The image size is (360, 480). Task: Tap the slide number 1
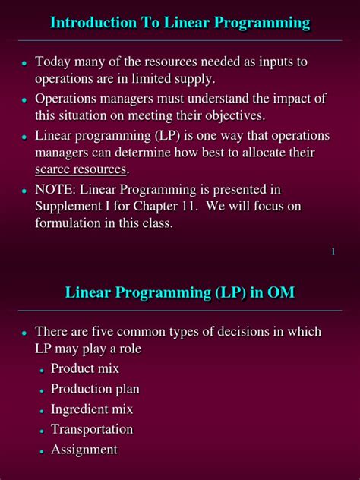(333, 251)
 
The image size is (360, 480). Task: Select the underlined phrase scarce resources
(81, 169)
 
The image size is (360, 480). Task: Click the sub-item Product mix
(85, 368)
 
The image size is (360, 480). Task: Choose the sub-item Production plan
(95, 389)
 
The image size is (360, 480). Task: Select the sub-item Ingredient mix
(92, 409)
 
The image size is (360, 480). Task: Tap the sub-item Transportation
(92, 429)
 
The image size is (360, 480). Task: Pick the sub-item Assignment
(84, 450)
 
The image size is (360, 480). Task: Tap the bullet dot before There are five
(24, 333)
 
